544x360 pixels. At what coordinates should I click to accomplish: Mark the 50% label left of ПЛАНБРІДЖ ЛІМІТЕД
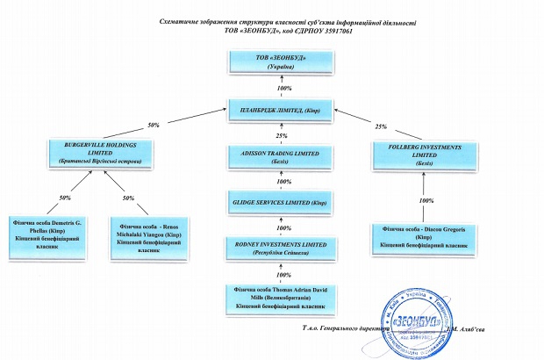[x=154, y=125]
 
